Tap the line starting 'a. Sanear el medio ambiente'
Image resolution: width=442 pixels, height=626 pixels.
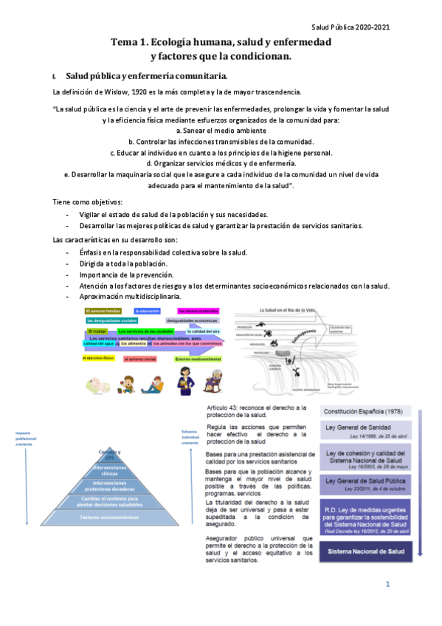[221, 131]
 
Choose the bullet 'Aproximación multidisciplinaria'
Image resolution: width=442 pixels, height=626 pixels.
[133, 296]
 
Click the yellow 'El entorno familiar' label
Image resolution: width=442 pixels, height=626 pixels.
[103, 311]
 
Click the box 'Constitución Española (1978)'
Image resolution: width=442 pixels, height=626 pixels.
[362, 410]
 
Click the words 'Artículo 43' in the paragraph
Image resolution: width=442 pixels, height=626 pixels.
[220, 407]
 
